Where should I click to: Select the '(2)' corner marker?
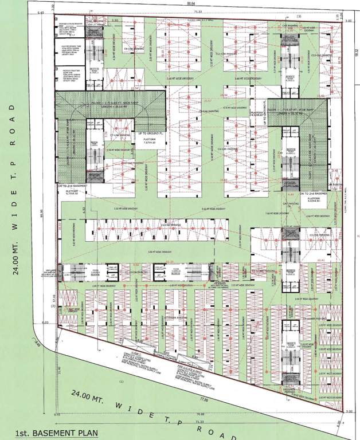click(x=52, y=307)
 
